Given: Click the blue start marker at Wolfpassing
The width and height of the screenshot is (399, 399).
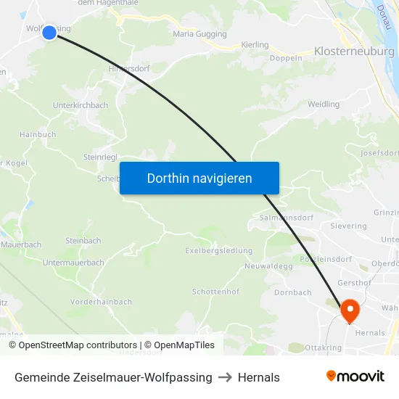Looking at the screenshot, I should pos(49,33).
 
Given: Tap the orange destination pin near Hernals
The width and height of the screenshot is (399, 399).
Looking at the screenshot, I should pos(350,310).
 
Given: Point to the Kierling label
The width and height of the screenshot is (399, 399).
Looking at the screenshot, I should pos(254,45).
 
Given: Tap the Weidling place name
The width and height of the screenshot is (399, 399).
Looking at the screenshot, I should pos(323,104).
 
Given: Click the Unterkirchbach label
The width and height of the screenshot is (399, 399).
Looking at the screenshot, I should pos(81,105).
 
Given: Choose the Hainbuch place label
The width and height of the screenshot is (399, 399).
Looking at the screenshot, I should pos(38,134).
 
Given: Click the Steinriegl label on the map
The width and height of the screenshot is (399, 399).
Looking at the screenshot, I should pos(100,157).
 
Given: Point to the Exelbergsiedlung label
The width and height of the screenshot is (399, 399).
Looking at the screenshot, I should pos(218,251).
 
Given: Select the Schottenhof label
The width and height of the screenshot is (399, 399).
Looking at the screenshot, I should pos(215,292).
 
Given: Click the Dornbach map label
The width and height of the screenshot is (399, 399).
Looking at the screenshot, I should pos(293,293).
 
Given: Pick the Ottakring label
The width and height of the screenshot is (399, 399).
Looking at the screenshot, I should pos(323,347).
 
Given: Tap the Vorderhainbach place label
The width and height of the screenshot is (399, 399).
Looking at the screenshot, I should pos(102,302).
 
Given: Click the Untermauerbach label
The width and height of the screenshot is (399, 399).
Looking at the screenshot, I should pos(73,263).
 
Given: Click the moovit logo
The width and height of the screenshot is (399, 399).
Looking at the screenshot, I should pos(355,377).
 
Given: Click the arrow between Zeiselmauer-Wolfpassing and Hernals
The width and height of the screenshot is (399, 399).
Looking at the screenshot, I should pos(225,377).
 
